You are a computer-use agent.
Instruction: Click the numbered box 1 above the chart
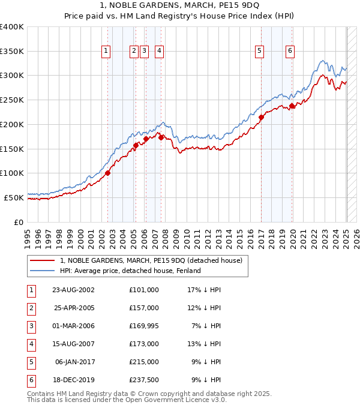(x=106, y=52)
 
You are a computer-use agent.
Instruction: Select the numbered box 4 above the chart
(x=159, y=52)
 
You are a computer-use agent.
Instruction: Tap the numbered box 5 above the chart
(x=259, y=52)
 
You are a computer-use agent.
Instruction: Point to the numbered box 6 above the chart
(x=290, y=52)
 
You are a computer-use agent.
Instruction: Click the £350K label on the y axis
(x=12, y=51)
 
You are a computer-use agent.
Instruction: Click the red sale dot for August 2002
(x=108, y=173)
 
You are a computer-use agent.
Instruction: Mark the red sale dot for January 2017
(x=262, y=118)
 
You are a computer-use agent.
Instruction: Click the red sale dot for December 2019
(x=292, y=106)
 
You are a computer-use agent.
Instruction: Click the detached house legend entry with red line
(x=151, y=260)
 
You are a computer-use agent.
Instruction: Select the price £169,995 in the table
(x=143, y=326)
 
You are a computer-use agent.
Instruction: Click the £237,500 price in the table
(x=143, y=380)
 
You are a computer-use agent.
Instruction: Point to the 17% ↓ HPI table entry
(x=205, y=290)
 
